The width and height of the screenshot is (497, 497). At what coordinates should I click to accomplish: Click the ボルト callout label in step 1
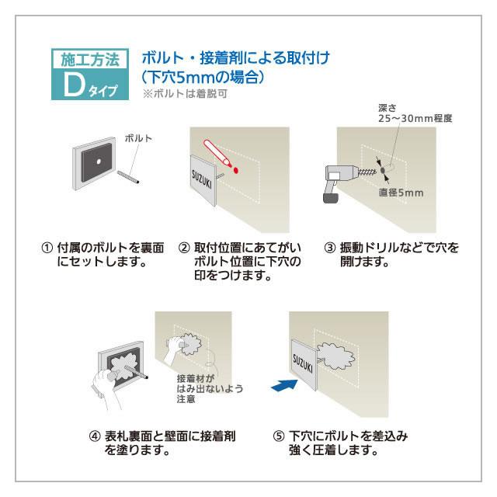point(138,138)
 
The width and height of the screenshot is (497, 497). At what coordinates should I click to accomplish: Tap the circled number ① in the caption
point(46,248)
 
